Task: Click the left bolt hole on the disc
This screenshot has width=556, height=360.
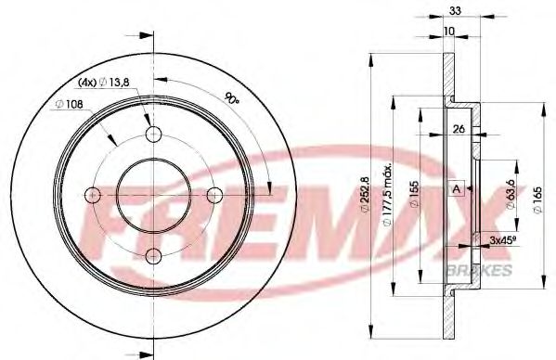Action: coord(92,194)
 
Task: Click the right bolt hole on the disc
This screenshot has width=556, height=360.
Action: coord(213,194)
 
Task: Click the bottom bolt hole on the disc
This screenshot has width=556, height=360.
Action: coord(152,255)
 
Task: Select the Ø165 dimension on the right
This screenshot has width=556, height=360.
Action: coord(538,197)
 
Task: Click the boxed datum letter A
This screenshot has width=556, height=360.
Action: coord(456,189)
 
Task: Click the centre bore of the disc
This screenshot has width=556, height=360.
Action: coord(152,194)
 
